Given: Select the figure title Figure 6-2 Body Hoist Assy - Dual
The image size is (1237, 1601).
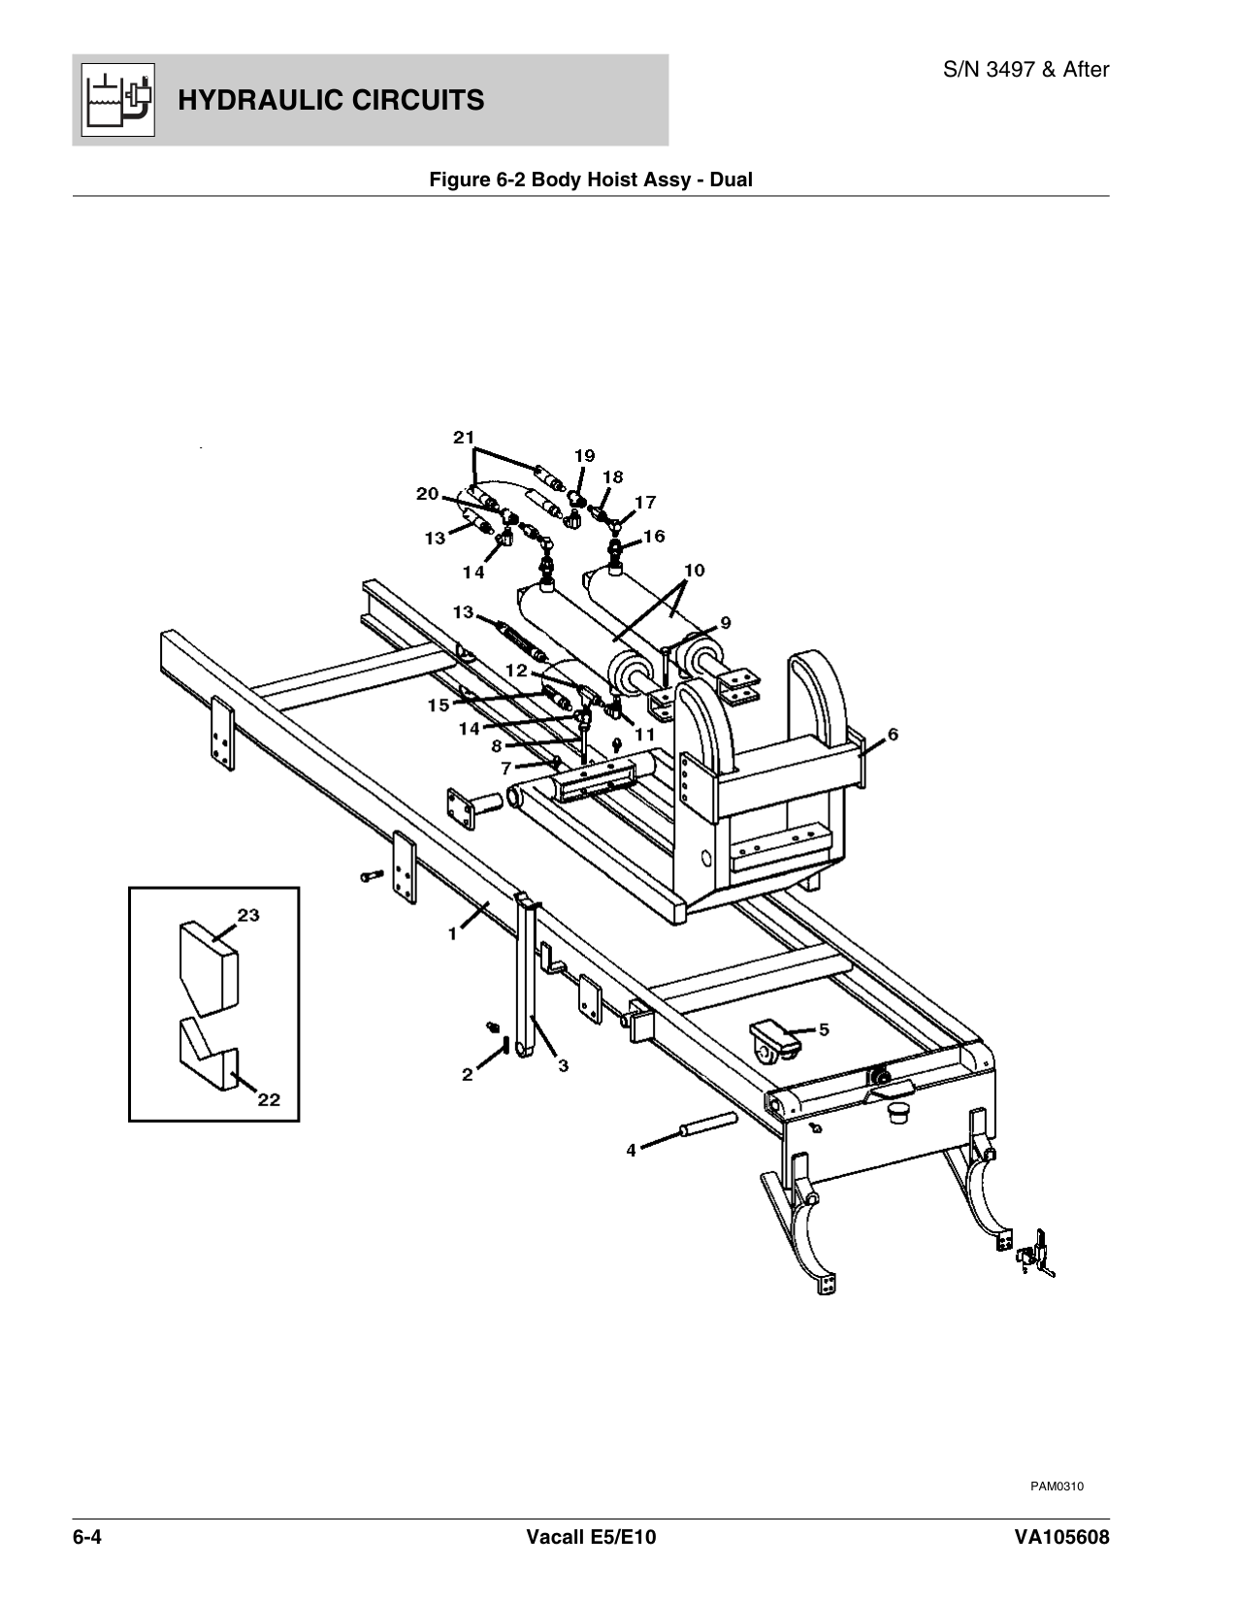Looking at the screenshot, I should click(x=591, y=180).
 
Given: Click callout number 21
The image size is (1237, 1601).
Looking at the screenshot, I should click(x=464, y=438).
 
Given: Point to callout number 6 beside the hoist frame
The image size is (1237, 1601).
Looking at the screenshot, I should click(x=893, y=735).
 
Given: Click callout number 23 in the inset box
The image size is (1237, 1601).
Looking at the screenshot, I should click(x=248, y=915).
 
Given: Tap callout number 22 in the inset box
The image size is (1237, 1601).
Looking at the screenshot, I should click(x=268, y=1099).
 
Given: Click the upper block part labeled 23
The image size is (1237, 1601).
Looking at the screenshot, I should click(x=208, y=966).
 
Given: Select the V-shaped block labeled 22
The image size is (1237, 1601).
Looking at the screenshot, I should click(x=208, y=1058).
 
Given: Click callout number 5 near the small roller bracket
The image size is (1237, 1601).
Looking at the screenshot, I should click(x=823, y=1029).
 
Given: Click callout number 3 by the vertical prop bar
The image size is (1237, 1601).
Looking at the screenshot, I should click(x=563, y=1065).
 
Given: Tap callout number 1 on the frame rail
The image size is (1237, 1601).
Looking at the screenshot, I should click(x=452, y=933).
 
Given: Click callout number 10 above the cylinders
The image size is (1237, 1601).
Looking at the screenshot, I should click(x=694, y=569).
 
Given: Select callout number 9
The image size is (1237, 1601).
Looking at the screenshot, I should click(x=725, y=622).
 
